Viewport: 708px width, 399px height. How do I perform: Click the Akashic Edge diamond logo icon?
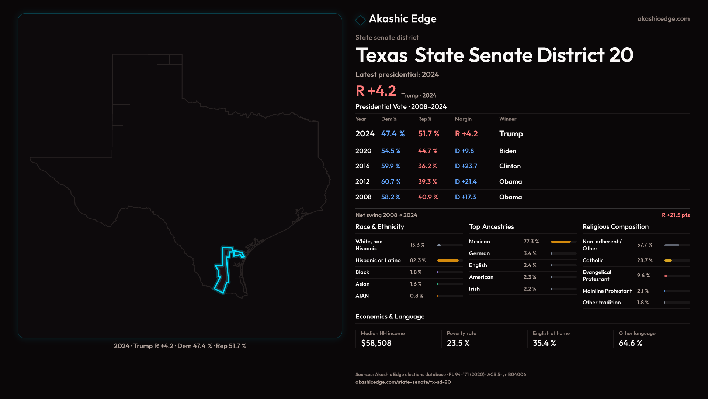(x=360, y=20)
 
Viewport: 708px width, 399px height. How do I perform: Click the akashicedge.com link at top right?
(x=663, y=19)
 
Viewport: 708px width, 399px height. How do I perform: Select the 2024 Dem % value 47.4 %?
(x=393, y=134)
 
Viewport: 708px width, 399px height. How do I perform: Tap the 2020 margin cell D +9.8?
(x=464, y=151)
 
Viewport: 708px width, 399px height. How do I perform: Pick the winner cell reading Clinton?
(x=510, y=166)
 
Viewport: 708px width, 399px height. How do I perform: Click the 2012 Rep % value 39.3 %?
(x=427, y=182)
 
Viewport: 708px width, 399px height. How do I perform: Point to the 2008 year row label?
(x=363, y=197)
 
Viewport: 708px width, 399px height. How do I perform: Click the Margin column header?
(x=463, y=119)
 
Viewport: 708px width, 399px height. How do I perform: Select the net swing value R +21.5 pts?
(x=676, y=215)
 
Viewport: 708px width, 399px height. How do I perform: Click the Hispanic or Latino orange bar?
(x=448, y=260)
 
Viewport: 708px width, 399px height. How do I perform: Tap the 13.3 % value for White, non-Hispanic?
(x=417, y=245)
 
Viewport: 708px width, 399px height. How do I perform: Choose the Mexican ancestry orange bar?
(x=560, y=242)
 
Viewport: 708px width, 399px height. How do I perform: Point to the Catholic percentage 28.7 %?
(x=645, y=260)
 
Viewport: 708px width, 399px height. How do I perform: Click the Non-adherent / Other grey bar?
(x=671, y=245)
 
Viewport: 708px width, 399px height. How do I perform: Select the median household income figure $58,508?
(x=376, y=343)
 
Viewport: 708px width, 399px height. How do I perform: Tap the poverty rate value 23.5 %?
(x=458, y=343)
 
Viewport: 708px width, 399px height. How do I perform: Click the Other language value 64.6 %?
(x=630, y=343)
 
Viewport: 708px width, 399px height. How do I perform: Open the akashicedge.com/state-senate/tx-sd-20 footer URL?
(x=403, y=382)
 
